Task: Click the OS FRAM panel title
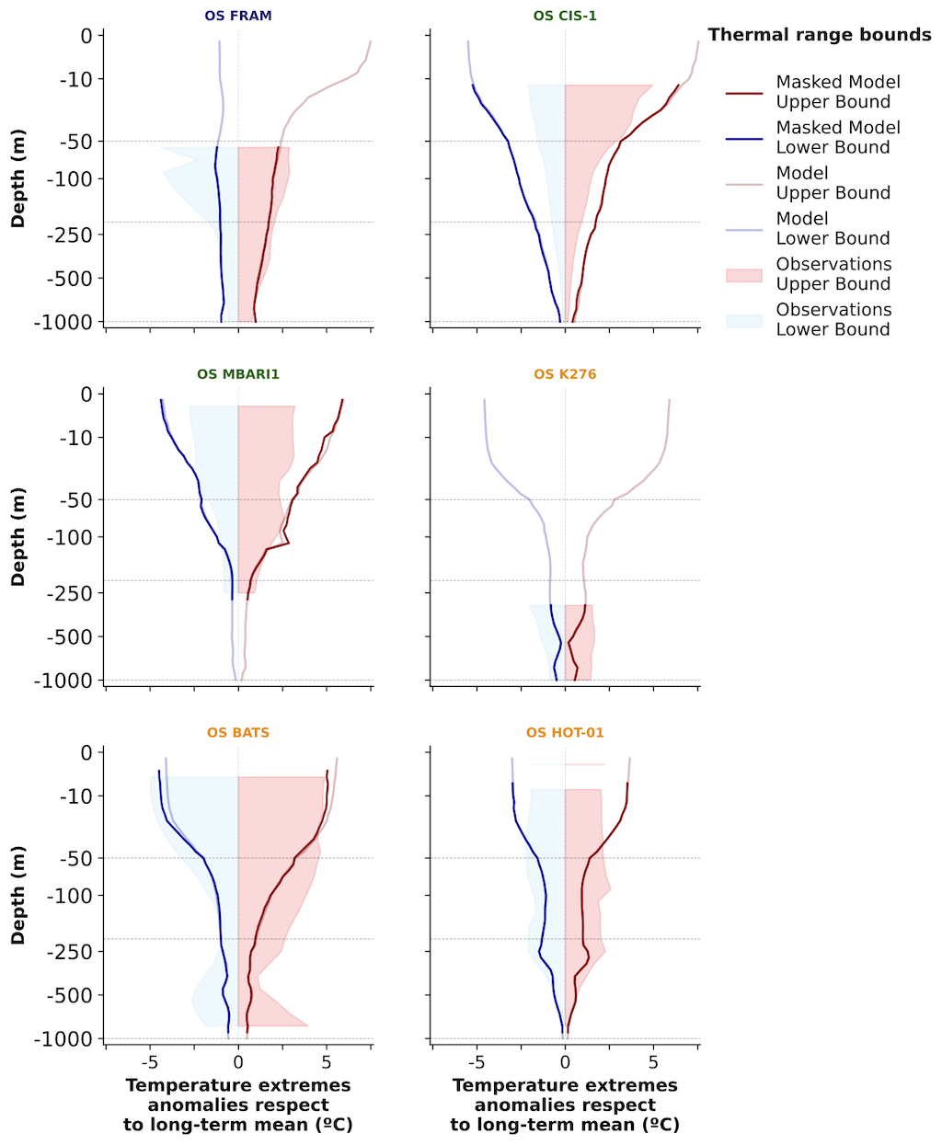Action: [238, 16]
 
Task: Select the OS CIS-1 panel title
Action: [565, 16]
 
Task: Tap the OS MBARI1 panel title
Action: [238, 374]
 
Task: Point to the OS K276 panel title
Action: [565, 374]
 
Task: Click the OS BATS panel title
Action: [238, 733]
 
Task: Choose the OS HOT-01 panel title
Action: [565, 733]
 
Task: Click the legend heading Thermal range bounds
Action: [819, 35]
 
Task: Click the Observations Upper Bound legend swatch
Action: [744, 275]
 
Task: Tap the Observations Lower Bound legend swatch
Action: [744, 320]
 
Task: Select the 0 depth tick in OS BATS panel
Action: [86, 753]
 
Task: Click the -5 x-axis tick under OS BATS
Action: [150, 1062]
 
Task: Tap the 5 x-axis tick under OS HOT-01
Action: [653, 1062]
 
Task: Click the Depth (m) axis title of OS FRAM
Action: [18, 178]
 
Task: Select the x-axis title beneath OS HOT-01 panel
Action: [565, 1105]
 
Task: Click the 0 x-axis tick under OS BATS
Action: [238, 1062]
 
